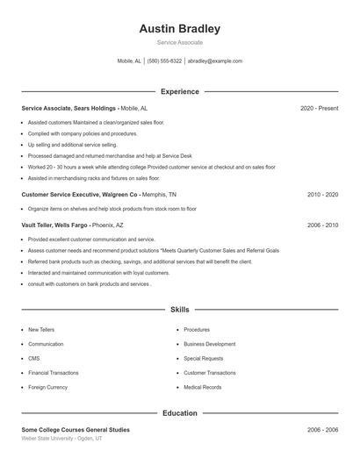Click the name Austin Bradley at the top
click(x=179, y=29)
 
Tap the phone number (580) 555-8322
click(x=164, y=61)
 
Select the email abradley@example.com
click(x=214, y=61)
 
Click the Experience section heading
click(x=179, y=91)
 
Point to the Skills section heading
click(x=179, y=310)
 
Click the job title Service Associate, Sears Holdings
click(x=68, y=108)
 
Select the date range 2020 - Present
click(x=319, y=108)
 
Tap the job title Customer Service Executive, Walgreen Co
click(x=80, y=194)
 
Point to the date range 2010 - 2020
click(x=322, y=194)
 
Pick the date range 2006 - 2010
click(x=322, y=225)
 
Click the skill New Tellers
click(x=40, y=330)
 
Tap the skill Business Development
click(x=209, y=344)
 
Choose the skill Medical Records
click(x=202, y=387)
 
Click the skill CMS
click(x=34, y=358)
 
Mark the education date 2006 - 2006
click(x=322, y=430)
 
